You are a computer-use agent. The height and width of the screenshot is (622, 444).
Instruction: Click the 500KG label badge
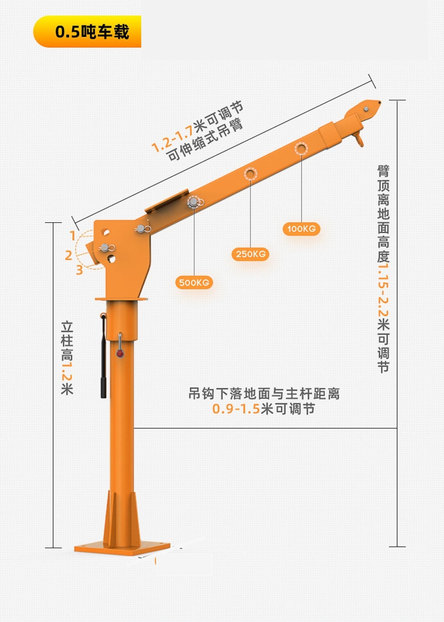point(194,282)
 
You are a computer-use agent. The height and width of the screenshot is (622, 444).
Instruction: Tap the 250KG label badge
point(251,254)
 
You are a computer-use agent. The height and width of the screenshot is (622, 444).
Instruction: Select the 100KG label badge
point(301,229)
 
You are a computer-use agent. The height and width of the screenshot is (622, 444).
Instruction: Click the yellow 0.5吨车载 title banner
point(88,32)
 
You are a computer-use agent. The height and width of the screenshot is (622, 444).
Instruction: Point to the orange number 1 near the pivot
point(73,236)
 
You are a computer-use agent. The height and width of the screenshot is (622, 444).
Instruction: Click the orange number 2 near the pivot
point(68,255)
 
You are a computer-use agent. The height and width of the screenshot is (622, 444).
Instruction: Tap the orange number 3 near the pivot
point(79,270)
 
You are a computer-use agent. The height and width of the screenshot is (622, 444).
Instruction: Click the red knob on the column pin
point(120,353)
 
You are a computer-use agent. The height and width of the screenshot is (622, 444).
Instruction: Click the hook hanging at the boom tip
point(359,139)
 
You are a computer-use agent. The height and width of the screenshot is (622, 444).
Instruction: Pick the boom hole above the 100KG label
point(301,148)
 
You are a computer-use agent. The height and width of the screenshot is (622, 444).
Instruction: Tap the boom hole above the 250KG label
point(250,174)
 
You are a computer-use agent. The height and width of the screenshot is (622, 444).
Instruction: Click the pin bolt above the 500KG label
point(194,202)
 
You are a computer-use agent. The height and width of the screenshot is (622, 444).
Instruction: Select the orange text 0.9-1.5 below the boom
point(236,409)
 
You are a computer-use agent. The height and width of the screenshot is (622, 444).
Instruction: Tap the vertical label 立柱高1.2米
point(67,358)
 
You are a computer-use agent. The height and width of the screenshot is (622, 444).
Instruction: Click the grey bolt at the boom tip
point(366,109)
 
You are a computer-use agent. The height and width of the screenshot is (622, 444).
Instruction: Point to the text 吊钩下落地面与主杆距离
point(264,394)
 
